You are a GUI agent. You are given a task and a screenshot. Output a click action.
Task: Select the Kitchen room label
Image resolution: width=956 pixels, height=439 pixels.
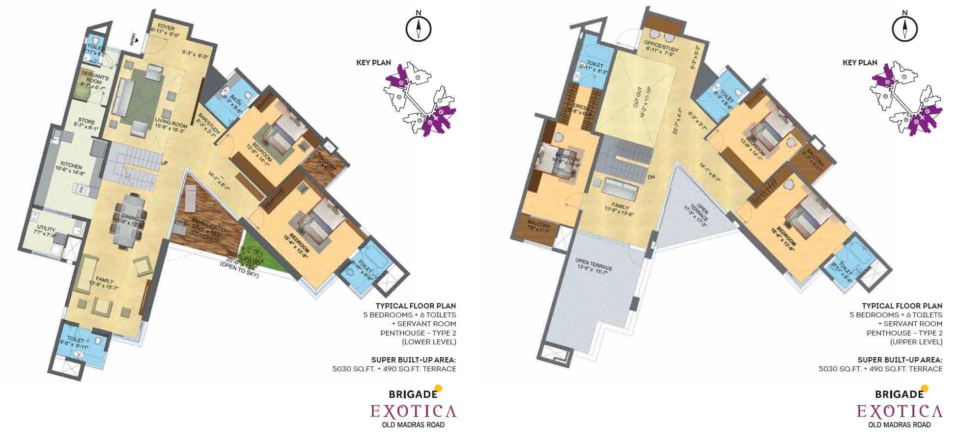(71, 166)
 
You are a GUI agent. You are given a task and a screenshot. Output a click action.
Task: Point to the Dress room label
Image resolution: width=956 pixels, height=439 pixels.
(580, 109)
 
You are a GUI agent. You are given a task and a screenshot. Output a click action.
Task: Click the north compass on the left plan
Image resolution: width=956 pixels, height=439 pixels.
(418, 28)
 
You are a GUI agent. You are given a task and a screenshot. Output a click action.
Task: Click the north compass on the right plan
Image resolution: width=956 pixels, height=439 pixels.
(904, 28)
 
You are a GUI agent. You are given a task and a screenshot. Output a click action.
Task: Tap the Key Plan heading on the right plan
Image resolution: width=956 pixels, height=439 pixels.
(860, 63)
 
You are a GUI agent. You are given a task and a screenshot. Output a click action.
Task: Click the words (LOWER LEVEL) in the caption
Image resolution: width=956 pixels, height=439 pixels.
(429, 342)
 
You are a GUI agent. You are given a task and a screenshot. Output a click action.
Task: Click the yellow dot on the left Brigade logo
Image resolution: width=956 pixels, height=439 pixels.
(438, 388)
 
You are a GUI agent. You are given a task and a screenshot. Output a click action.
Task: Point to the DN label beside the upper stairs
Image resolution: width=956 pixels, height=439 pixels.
(651, 177)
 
